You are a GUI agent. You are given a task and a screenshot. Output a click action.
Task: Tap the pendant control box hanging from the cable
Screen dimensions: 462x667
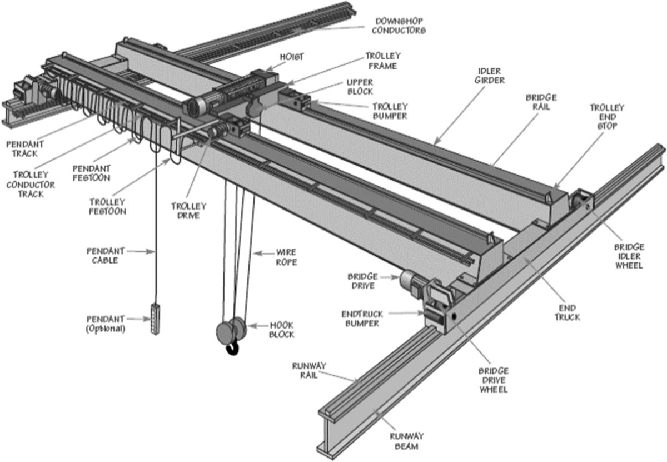155,319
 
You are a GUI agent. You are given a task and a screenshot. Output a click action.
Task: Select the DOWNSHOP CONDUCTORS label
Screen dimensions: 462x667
400,26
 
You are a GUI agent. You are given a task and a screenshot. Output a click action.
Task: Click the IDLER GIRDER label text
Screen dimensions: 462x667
490,76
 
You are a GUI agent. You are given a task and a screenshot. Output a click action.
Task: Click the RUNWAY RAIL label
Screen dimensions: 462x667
308,370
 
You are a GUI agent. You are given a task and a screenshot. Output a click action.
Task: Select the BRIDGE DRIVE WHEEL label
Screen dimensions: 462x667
494,380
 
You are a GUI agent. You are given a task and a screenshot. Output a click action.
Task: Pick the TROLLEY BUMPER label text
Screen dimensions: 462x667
390,111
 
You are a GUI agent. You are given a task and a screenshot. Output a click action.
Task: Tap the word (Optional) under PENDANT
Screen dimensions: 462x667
106,329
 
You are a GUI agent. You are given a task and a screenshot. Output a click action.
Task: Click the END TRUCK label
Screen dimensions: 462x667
567,312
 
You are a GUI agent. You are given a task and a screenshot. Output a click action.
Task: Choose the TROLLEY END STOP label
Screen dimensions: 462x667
607,118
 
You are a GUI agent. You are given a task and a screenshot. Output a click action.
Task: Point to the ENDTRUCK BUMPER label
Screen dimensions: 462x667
362,319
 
